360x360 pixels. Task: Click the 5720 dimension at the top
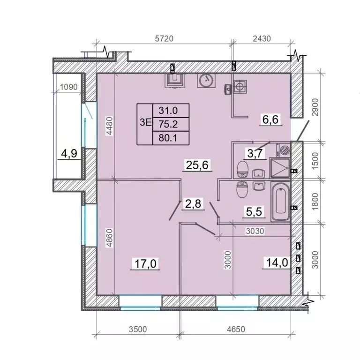[164, 38]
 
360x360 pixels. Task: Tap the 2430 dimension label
[262, 38]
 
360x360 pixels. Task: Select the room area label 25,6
[197, 165]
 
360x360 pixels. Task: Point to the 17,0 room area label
[145, 263]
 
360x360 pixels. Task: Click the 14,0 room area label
[277, 262]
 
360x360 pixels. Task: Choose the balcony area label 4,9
[69, 153]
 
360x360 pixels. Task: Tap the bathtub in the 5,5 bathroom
[281, 202]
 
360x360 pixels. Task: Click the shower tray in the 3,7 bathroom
[280, 168]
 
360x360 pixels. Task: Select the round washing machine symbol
[285, 150]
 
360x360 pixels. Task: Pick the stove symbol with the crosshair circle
[240, 87]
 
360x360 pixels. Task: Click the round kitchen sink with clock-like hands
[206, 81]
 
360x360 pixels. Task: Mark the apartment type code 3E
[146, 122]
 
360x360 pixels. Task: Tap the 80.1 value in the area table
[168, 138]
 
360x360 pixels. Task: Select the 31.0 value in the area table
[168, 111]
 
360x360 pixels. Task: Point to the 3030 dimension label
[255, 231]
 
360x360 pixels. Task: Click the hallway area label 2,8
[193, 203]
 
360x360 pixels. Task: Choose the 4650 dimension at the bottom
[236, 329]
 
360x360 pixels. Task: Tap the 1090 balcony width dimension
[68, 87]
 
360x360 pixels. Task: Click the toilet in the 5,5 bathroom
[241, 189]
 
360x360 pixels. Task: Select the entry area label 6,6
[270, 120]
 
